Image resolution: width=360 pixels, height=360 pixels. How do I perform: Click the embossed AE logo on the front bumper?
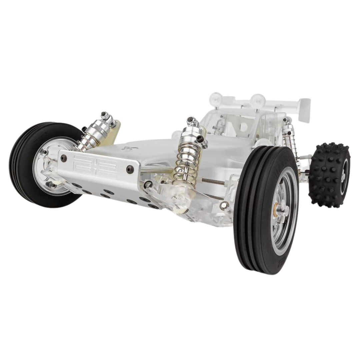pyautogui.click(x=95, y=165)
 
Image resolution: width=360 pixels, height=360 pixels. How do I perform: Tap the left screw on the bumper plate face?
pyautogui.click(x=63, y=158)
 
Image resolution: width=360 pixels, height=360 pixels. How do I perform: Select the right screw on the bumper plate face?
pyautogui.click(x=130, y=170)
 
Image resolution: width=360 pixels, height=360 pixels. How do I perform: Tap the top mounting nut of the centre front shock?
pyautogui.click(x=191, y=120)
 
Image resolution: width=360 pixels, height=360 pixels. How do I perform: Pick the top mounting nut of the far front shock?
pyautogui.click(x=105, y=115)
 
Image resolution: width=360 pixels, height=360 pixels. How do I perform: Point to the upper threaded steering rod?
pyautogui.click(x=213, y=182)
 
